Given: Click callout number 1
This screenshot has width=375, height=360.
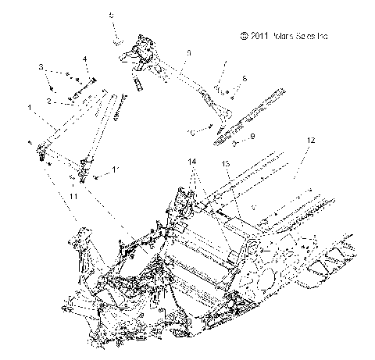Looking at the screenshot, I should [30, 106].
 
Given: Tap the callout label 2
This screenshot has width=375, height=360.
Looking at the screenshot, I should [48, 101].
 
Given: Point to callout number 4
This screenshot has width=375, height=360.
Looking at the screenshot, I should [84, 59].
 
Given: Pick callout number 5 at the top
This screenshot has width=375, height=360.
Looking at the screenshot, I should [110, 15].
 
